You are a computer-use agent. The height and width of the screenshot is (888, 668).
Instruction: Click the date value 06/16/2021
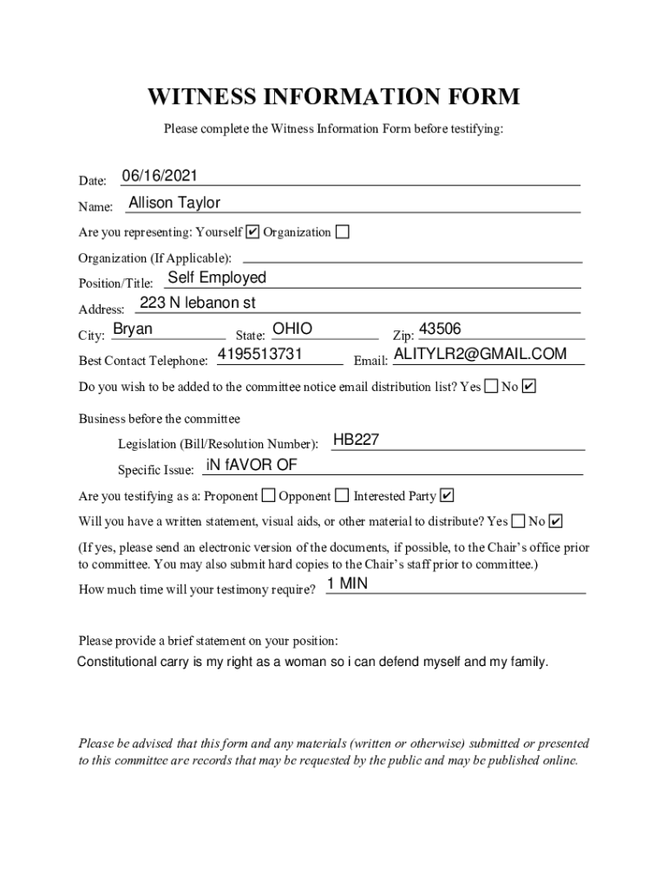160,177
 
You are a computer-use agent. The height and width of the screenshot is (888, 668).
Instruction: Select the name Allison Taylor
174,203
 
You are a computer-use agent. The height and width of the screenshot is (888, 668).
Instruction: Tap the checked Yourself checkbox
252,232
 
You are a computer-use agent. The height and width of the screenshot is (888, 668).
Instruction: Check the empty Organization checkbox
343,232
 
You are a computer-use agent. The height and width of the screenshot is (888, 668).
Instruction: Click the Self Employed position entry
217,278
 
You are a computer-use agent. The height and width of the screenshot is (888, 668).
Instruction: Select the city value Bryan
133,330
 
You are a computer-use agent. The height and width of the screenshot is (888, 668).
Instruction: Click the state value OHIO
291,330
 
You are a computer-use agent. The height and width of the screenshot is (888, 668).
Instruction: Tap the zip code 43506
440,330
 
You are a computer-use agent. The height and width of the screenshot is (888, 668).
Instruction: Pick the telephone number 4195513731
259,355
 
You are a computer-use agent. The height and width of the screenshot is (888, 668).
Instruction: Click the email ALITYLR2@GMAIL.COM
480,355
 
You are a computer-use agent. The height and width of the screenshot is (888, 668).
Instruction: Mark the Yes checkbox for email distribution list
491,386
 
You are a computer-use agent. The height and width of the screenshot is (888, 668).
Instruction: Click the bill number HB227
356,441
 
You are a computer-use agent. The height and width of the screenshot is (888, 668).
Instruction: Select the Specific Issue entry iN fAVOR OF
252,466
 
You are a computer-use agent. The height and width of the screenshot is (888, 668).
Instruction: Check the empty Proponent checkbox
268,496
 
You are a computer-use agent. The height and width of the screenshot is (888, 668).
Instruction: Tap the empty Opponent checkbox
342,496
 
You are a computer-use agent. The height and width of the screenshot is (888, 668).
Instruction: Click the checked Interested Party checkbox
447,496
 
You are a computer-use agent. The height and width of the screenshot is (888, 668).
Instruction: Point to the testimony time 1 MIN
348,584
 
